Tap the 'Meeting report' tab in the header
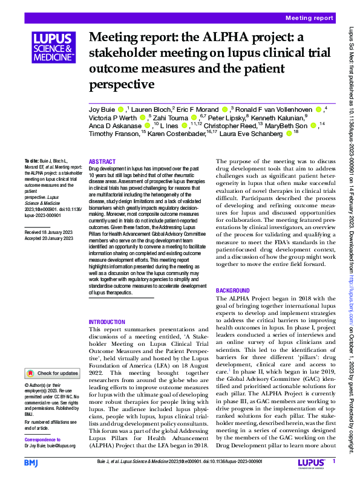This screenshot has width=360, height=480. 309,18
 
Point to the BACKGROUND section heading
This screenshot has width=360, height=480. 233,291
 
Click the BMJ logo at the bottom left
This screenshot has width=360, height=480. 31,462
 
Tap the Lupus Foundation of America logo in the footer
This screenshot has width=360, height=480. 312,463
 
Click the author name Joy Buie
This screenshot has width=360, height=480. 101,109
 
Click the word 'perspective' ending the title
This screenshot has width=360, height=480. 123,83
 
